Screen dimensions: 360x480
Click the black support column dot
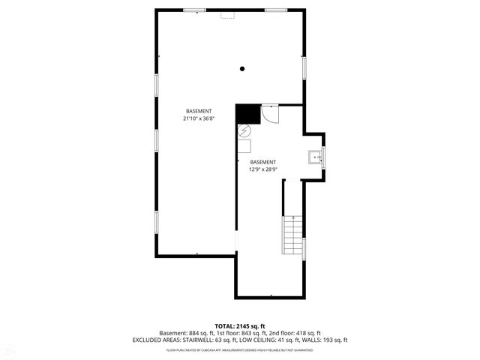[242, 69]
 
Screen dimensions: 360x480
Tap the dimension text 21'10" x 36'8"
[199, 118]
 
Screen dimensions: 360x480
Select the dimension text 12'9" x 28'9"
[262, 169]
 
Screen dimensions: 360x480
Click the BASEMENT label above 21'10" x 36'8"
[199, 111]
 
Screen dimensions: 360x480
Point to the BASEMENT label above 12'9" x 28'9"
[262, 162]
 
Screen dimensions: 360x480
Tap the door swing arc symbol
[270, 115]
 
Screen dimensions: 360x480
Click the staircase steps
[292, 235]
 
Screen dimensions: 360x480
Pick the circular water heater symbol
[244, 130]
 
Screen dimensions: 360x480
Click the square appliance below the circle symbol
[245, 146]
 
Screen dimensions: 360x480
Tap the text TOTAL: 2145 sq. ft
[240, 326]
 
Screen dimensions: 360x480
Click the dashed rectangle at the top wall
[226, 13]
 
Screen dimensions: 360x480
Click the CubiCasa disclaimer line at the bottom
[240, 349]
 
